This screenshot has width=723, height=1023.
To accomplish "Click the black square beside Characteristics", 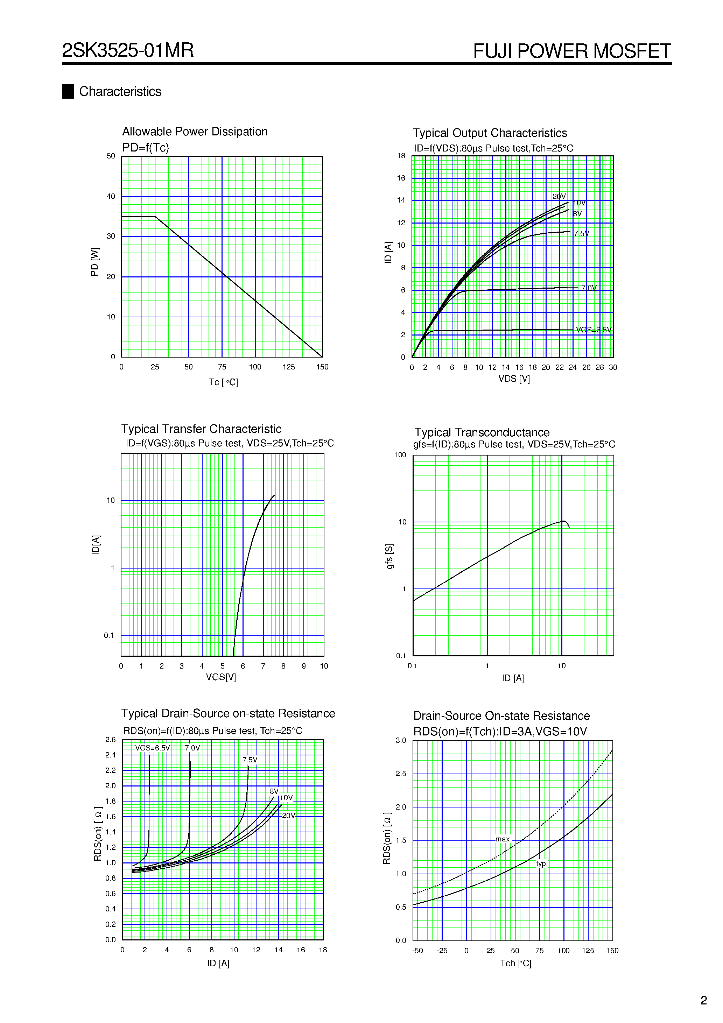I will [x=68, y=91].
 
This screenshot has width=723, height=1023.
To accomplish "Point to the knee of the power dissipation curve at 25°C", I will [x=155, y=217].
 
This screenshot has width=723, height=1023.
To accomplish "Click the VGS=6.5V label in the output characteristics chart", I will [x=593, y=330].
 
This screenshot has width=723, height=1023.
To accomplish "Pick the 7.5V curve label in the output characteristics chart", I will [x=581, y=233].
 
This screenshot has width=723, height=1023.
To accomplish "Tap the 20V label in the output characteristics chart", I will [x=559, y=197].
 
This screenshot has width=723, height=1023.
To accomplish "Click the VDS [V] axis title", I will [x=514, y=379].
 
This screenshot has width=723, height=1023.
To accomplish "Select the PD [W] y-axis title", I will [x=94, y=262].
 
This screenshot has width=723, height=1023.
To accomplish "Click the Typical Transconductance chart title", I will [x=482, y=432].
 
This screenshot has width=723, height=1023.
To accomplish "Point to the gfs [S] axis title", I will [x=389, y=556].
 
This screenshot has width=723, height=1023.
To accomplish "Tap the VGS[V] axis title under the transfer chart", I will [x=220, y=677].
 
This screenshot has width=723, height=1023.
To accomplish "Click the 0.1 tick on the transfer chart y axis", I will [x=109, y=635].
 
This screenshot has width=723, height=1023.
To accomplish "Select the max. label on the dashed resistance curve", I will [x=503, y=839].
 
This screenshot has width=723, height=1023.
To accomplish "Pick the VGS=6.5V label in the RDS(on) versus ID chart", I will [x=153, y=748].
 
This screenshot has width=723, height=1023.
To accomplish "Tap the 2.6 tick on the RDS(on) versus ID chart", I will [x=111, y=740].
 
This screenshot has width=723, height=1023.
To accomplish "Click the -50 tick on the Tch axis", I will [x=417, y=950].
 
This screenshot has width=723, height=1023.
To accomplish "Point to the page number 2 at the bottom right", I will [x=703, y=1000].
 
